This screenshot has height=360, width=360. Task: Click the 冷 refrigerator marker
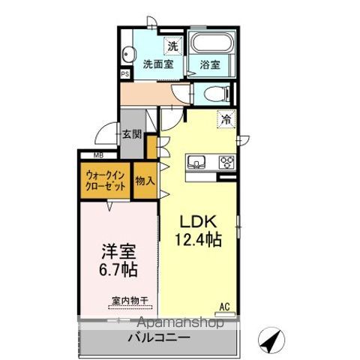pos(224,118)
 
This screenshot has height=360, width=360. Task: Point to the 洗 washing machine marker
pos(172,46)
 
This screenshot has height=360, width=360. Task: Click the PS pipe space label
pos(124,74)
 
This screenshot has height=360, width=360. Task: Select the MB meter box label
pos(98,156)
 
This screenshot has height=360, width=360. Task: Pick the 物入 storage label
pos(145,181)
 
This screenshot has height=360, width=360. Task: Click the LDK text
pos(198,223)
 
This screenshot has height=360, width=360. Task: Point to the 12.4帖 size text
pos(198,240)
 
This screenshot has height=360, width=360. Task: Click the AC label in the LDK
pos(223,305)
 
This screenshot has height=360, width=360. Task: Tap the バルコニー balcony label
pos(157,338)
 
